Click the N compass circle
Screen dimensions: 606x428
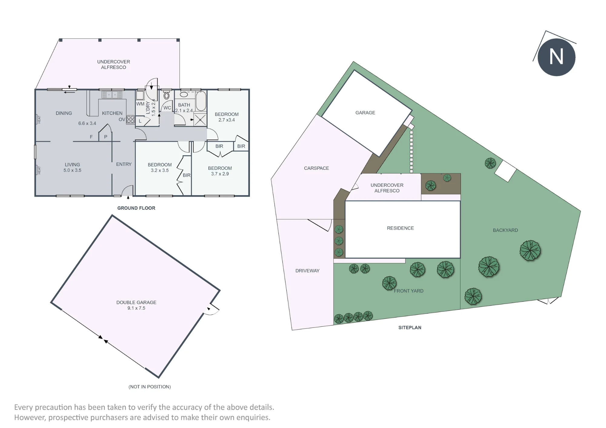(556, 57)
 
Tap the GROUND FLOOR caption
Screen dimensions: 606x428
(136, 208)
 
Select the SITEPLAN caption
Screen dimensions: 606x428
(410, 328)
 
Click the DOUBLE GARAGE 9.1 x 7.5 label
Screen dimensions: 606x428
(136, 305)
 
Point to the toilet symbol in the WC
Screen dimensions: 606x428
(167, 96)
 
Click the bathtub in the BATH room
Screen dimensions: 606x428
(201, 101)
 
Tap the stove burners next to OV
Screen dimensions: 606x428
(131, 119)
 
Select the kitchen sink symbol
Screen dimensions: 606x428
(112, 95)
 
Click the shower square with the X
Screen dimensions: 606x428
(200, 120)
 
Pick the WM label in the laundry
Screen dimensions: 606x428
(140, 104)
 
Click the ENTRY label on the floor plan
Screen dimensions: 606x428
(124, 164)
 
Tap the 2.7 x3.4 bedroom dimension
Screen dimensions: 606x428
(227, 120)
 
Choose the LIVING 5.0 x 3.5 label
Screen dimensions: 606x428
(72, 167)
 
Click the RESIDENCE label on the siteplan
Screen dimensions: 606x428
(400, 228)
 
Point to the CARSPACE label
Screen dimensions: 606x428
(316, 168)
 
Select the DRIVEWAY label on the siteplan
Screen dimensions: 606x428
(308, 271)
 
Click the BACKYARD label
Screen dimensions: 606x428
(505, 230)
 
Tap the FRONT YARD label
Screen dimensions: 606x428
(409, 291)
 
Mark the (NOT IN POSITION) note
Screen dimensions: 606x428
(150, 387)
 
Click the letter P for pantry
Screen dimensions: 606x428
(106, 137)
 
